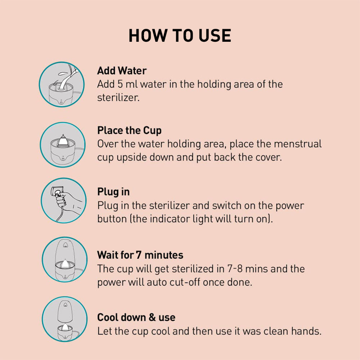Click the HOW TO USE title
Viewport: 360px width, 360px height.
[x=180, y=36]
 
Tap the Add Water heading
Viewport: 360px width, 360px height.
[x=122, y=71]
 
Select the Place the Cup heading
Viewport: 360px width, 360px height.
[x=129, y=131]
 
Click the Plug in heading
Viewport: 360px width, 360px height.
[x=113, y=192]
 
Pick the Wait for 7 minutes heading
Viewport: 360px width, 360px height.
[x=140, y=255]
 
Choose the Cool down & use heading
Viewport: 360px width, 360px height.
[x=136, y=317]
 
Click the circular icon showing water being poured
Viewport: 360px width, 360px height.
[x=62, y=84]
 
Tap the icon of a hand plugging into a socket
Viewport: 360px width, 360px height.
[x=64, y=201]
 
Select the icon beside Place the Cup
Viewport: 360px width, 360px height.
[x=62, y=145]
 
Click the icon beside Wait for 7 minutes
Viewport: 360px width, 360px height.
[x=64, y=260]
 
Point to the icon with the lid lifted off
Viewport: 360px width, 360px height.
[x=64, y=319]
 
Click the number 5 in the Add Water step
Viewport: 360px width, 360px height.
[x=120, y=84]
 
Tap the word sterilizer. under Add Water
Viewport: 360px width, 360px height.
[x=118, y=98]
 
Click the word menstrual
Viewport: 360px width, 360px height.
[x=298, y=144]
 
